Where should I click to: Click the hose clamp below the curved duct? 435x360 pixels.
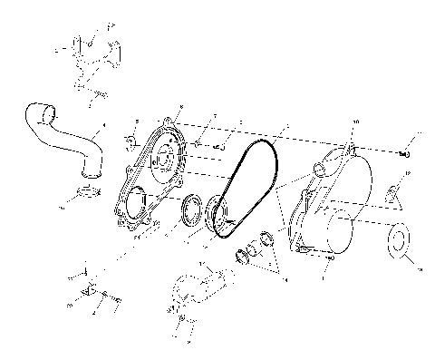pos(88,192)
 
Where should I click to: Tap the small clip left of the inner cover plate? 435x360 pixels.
pos(130,141)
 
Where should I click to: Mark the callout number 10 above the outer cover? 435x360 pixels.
pos(354,121)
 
